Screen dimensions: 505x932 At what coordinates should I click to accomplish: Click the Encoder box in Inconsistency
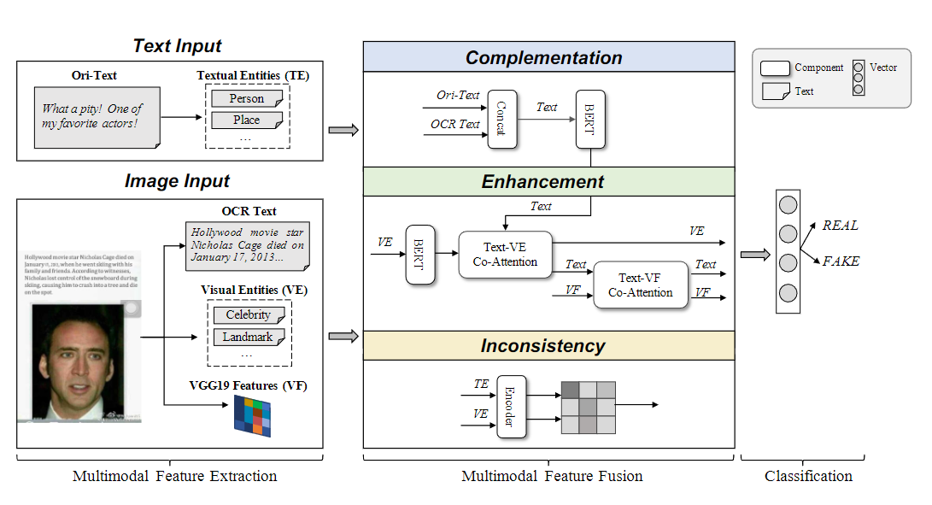pos(511,407)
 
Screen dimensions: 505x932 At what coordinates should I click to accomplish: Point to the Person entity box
pos(247,99)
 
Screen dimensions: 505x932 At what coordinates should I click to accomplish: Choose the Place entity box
pos(247,120)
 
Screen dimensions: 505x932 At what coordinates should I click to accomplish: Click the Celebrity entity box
pos(248,315)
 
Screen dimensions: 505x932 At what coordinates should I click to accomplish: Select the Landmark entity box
pos(248,338)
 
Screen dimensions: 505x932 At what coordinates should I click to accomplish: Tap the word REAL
pos(840,226)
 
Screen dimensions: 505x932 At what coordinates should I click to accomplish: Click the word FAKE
pos(841,261)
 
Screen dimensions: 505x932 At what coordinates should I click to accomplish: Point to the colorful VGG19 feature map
pos(252,415)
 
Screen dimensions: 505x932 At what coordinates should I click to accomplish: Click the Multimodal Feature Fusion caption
pos(552,476)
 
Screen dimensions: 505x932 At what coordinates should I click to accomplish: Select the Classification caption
pos(808,476)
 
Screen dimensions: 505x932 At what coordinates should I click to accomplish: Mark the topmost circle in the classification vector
pos(788,205)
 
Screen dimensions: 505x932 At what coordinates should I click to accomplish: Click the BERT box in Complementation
pos(590,120)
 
